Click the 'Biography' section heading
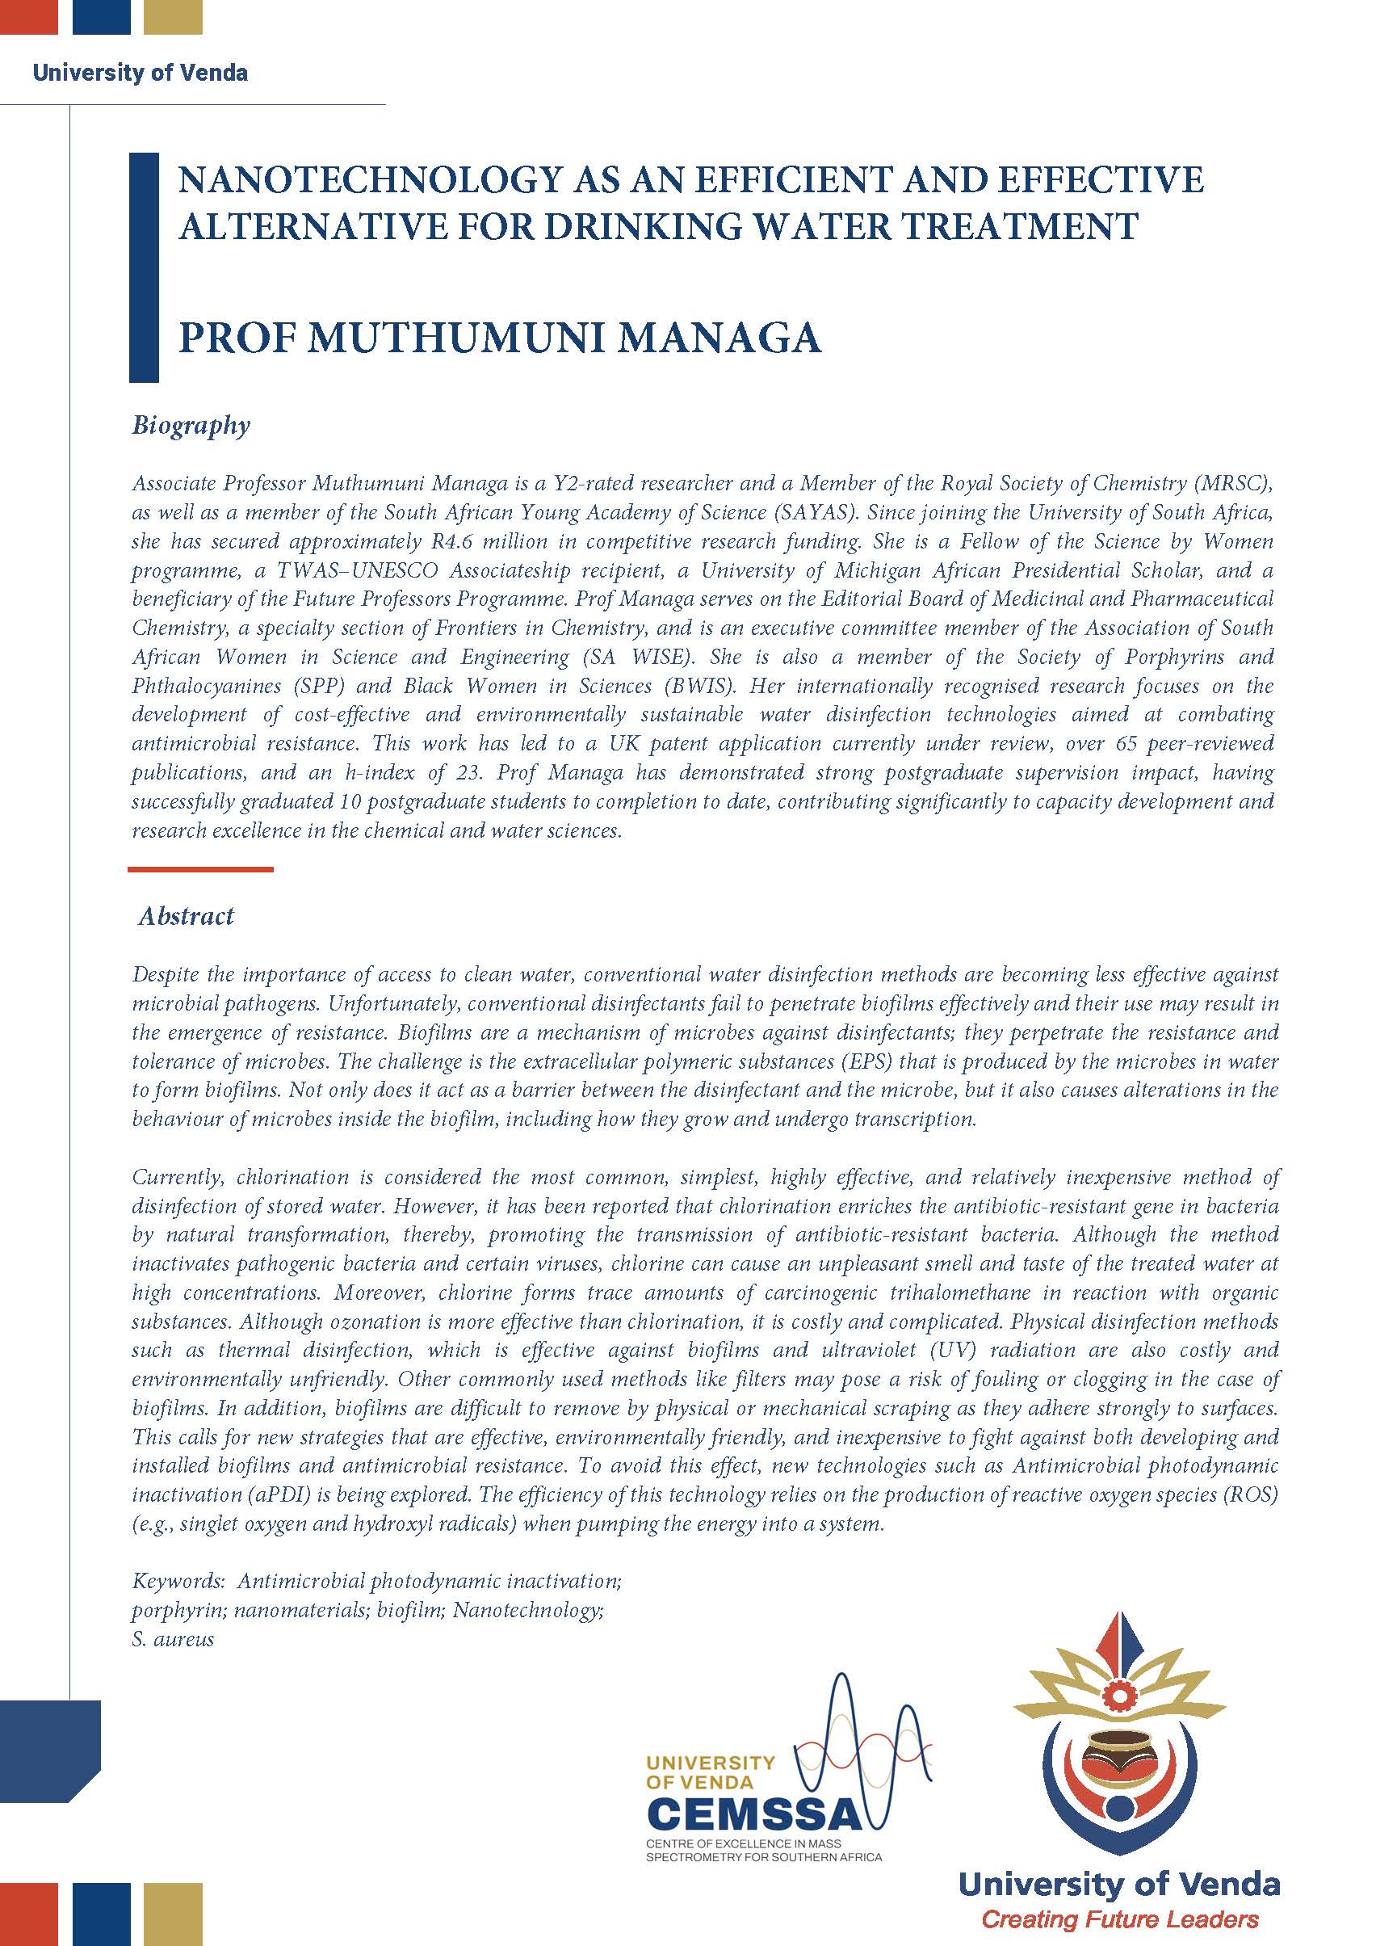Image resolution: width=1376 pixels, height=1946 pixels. (191, 425)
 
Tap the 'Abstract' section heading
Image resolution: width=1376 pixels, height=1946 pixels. (187, 915)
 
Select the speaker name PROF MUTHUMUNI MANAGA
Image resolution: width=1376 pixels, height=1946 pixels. (500, 338)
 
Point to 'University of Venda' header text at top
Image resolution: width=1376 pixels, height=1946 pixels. (140, 73)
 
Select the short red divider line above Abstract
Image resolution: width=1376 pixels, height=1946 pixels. (200, 868)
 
